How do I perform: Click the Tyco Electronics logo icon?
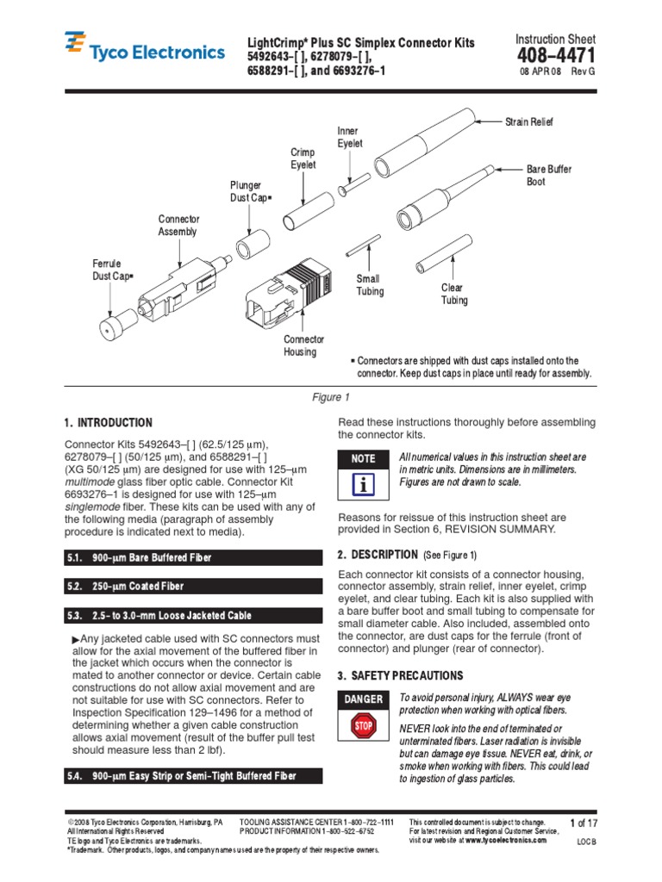point(75,44)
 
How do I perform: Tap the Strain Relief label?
point(528,122)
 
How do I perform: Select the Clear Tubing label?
point(453,294)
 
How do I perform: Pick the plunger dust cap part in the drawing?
point(251,249)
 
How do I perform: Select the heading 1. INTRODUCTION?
point(109,423)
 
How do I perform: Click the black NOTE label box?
point(363,459)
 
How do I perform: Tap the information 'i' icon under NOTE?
point(363,486)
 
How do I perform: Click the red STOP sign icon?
point(363,726)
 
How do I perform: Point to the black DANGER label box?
point(363,699)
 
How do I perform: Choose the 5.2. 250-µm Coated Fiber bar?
point(193,587)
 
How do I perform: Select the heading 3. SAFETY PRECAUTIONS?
point(400,675)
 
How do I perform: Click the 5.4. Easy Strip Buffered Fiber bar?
point(193,776)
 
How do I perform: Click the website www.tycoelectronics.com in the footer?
point(505,840)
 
